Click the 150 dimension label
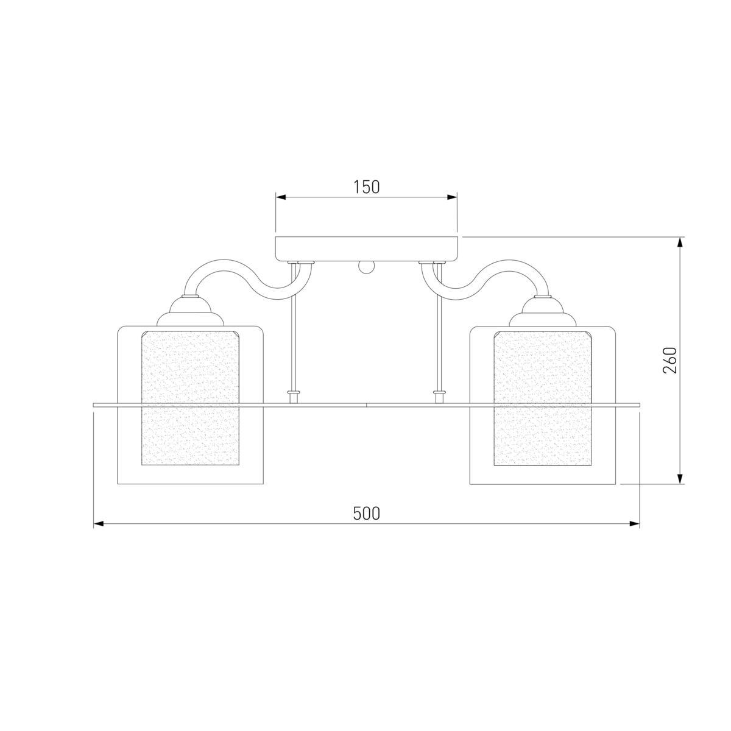coord(367,187)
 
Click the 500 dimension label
coord(366,514)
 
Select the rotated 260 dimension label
coord(670,361)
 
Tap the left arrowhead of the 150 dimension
coord(280,197)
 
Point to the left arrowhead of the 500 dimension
coord(99,524)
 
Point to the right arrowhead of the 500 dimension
coord(635,524)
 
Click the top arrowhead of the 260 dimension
coord(680,243)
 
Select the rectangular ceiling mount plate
coord(368,249)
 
